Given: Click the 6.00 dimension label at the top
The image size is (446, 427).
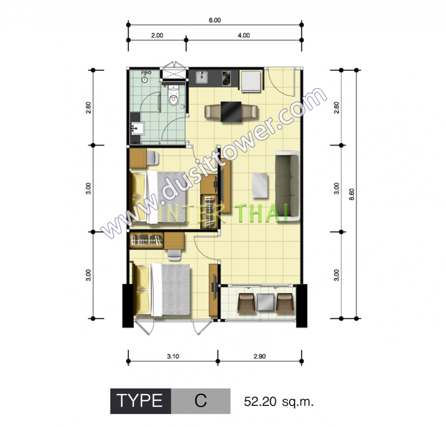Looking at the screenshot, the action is click(215, 20).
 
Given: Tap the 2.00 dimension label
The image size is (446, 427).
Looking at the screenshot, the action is click(157, 35).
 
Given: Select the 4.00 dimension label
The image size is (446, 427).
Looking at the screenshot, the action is click(244, 35).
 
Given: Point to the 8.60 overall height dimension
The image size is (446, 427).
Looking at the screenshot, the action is click(352, 194).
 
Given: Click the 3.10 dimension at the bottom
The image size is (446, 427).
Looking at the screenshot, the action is click(173, 357).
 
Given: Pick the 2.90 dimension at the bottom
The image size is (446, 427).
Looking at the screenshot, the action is click(260, 357).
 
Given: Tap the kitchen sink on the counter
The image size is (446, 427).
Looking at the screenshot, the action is click(202, 78).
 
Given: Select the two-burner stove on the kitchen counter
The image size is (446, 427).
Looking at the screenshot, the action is click(226, 78).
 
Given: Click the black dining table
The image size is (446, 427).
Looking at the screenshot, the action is click(231, 112).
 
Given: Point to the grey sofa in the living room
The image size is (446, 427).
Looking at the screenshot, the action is click(288, 186).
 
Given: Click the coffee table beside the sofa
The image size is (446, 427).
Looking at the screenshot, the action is click(260, 185).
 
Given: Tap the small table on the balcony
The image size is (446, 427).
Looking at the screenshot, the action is click(266, 303).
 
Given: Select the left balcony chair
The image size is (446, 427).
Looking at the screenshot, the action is click(246, 303).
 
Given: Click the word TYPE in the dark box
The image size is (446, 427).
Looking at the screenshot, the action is click(139, 401).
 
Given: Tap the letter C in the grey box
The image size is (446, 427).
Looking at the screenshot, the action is click(200, 401).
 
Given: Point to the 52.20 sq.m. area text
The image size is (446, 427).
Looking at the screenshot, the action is click(279, 402).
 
